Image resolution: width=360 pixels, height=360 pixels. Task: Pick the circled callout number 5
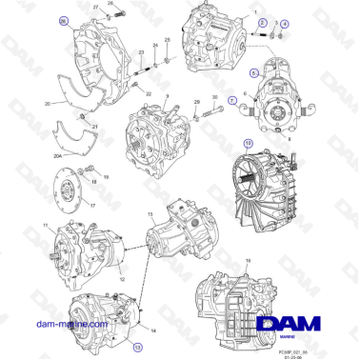253,71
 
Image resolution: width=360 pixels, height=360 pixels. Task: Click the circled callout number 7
234,102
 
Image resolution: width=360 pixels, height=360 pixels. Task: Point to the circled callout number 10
249,145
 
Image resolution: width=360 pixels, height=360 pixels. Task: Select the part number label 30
215,97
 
